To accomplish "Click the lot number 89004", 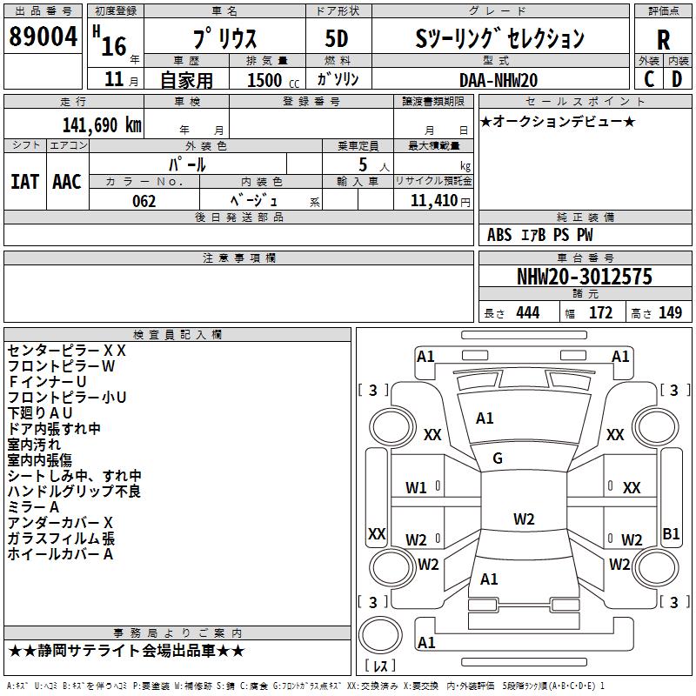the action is pos(43,37).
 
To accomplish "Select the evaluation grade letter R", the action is pos(663,40).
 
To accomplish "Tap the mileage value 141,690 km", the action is pos(102,125).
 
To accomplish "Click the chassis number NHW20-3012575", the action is pos(585,277).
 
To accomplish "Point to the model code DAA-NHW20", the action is pos(499,80).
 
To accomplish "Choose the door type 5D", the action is pos(337,39).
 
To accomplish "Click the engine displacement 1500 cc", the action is pos(273,80).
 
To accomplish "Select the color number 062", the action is pos(144,201).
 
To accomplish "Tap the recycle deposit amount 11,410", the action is pos(434,201).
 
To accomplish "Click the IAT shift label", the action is pos(25,182).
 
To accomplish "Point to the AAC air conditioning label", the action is pos(67,182).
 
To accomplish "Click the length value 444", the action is pos(528,312).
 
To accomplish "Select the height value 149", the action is pos(670,312).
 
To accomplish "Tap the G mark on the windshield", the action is pos(498,458).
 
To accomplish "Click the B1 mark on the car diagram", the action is pos(671,533).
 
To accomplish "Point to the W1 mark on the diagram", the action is pos(416,488).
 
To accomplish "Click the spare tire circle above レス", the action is pos(380,635).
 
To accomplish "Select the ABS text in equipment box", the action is pos(499,235).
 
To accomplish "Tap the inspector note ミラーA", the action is pos(33,507).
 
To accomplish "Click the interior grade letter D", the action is pos(677,79).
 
